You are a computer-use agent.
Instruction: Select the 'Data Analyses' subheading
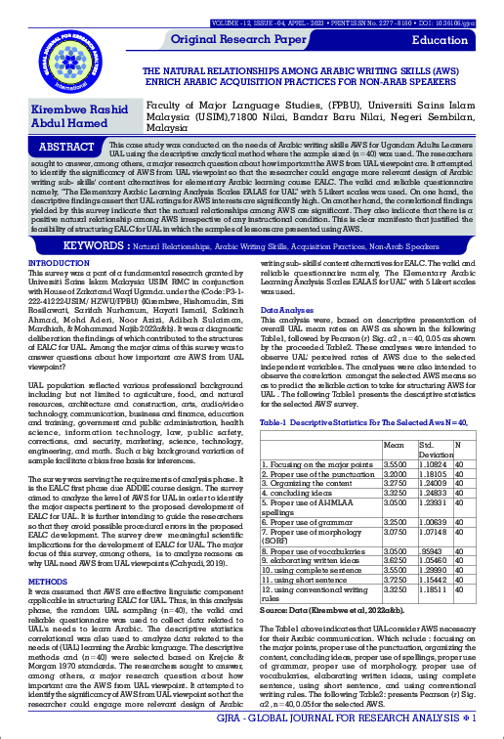click(284, 309)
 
